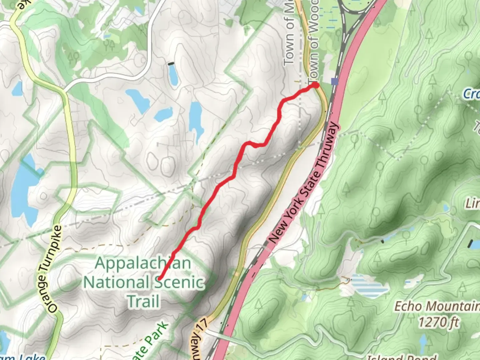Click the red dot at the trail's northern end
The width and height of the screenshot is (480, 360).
coord(315,85)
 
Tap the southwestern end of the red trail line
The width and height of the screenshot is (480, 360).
coord(159,278)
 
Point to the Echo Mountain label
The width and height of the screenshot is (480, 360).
coord(437,306)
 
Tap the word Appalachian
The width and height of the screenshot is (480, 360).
coord(143,263)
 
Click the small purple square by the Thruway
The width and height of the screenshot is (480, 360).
coord(335,81)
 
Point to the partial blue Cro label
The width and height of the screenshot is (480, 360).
coord(471,94)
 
